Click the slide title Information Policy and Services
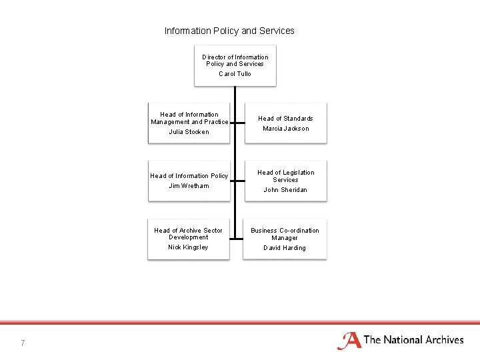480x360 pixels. coord(229,31)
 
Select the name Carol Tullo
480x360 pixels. coord(235,74)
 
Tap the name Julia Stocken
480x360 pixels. coord(189,132)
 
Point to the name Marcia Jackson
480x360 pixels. coord(285,129)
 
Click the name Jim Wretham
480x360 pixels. coord(189,186)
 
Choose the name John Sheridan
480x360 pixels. coord(285,190)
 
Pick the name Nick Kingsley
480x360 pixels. coord(188,247)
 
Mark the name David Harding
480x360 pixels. coord(285,248)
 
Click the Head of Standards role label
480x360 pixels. coord(285,119)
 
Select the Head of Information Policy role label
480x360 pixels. coord(189,176)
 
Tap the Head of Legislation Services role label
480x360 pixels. coord(285,176)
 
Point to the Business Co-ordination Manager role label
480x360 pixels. coord(285,234)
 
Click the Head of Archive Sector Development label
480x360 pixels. coord(189,233)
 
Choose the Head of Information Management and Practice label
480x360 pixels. coord(189,118)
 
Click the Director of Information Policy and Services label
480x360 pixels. coord(235,61)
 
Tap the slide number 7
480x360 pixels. coord(23,343)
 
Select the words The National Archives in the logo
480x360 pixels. coord(413,340)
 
